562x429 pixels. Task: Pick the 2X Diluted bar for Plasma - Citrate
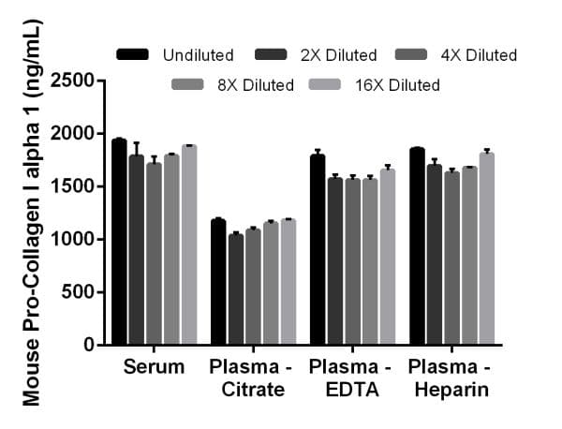[x=235, y=289]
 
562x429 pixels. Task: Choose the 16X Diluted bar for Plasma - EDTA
[x=387, y=257]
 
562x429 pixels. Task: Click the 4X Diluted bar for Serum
[x=154, y=253]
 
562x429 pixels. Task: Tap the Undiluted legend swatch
[x=134, y=55]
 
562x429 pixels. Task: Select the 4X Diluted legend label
[x=477, y=55]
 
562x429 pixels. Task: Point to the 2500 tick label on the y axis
[x=74, y=81]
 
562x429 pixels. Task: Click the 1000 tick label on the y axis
[x=74, y=239]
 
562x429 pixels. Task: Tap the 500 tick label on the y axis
[x=80, y=292]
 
